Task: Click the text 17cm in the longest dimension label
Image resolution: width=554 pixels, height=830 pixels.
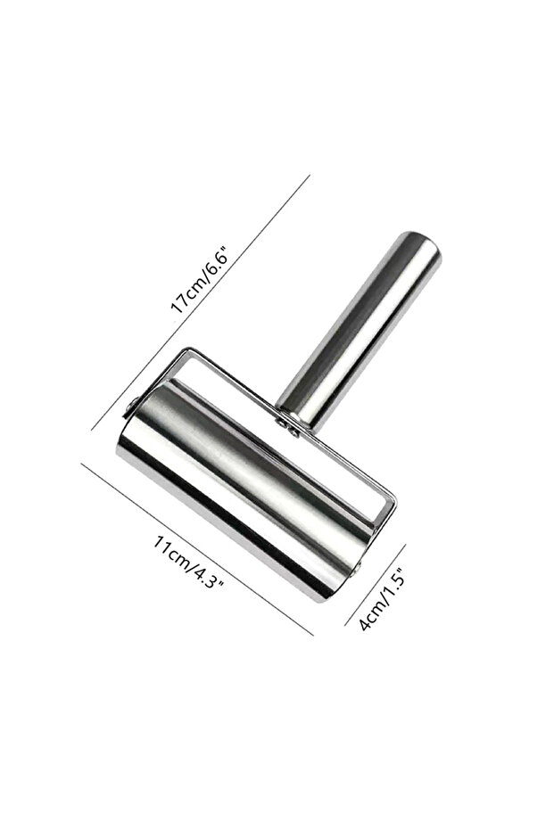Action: pyautogui.click(x=186, y=295)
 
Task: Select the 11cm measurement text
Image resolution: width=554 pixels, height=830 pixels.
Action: pyautogui.click(x=171, y=555)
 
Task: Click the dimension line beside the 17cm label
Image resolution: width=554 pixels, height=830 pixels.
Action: pyautogui.click(x=200, y=302)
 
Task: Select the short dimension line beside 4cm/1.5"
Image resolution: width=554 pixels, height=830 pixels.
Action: pyautogui.click(x=376, y=585)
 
